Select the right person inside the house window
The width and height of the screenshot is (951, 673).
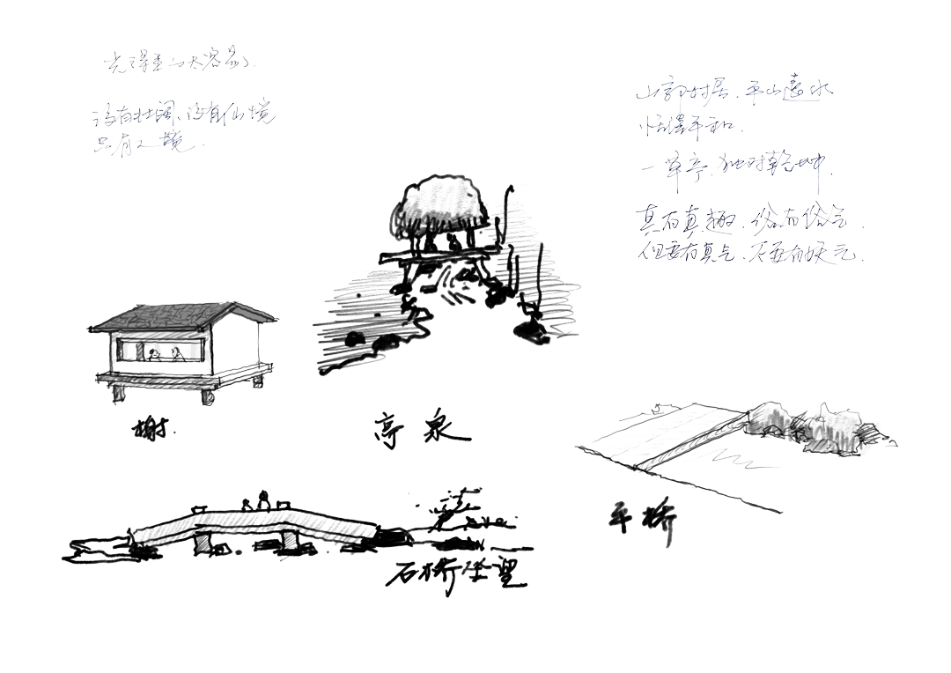tap(178, 354)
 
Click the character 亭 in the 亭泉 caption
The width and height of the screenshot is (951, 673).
tap(391, 432)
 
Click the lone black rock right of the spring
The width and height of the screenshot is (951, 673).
tap(530, 329)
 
